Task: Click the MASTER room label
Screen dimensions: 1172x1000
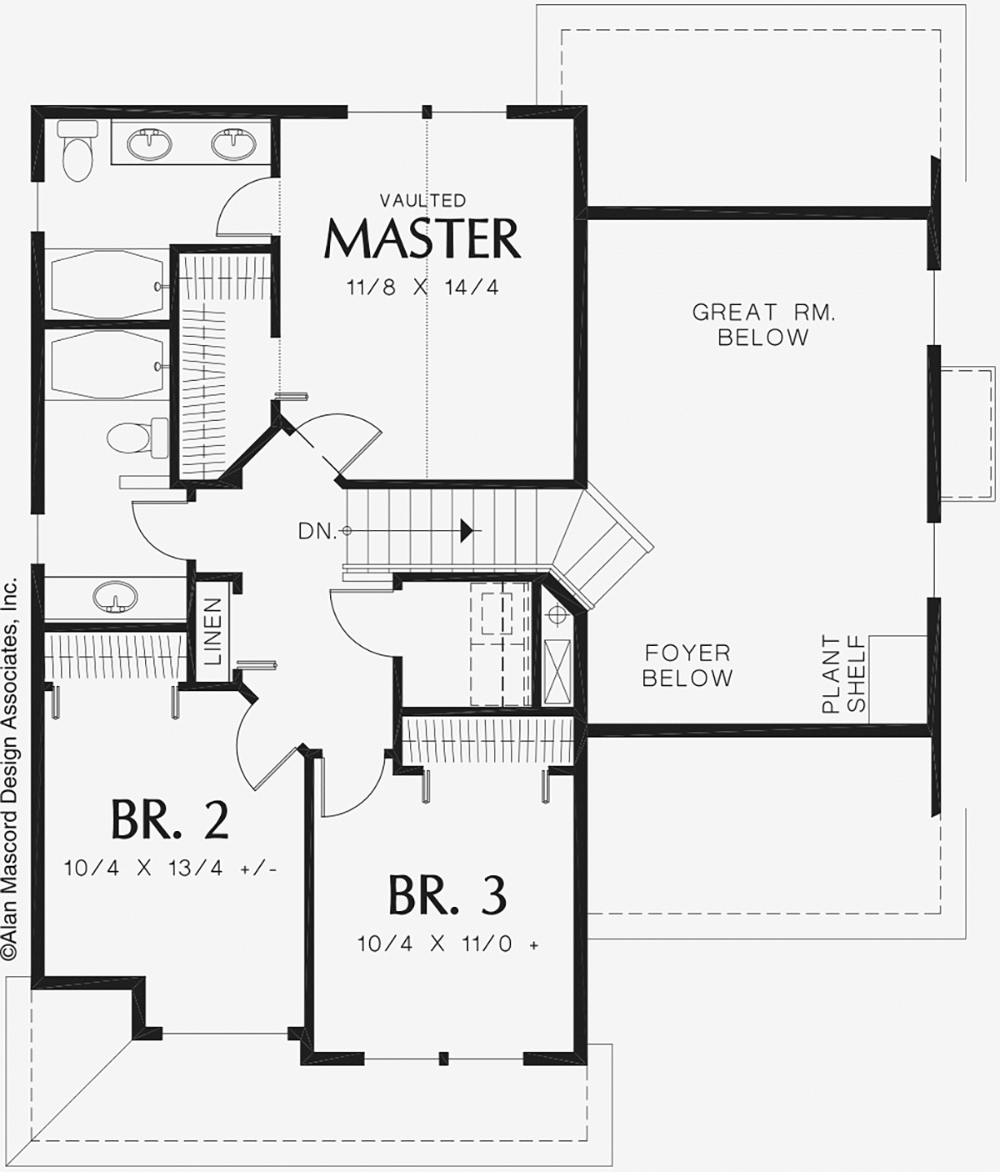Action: point(422,239)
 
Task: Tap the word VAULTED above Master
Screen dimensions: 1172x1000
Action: point(422,201)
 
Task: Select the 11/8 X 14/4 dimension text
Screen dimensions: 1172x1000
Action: point(422,288)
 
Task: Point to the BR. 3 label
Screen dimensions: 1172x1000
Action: point(447,896)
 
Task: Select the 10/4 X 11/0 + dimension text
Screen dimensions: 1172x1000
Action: point(447,944)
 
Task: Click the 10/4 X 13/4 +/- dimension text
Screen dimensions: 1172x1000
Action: point(170,869)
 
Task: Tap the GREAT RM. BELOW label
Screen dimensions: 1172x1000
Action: point(763,324)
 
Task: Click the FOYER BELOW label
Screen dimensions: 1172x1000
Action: point(687,665)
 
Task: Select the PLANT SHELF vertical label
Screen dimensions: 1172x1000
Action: point(843,674)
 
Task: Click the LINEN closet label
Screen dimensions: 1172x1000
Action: point(212,630)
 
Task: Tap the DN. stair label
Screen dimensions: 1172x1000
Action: point(317,531)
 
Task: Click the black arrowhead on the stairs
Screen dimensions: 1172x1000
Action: point(468,530)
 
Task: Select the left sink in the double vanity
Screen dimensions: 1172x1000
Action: point(150,144)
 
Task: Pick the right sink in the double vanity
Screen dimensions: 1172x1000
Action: point(233,144)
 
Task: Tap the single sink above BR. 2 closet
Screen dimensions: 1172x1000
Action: point(114,597)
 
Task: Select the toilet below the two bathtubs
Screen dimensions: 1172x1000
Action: point(129,436)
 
